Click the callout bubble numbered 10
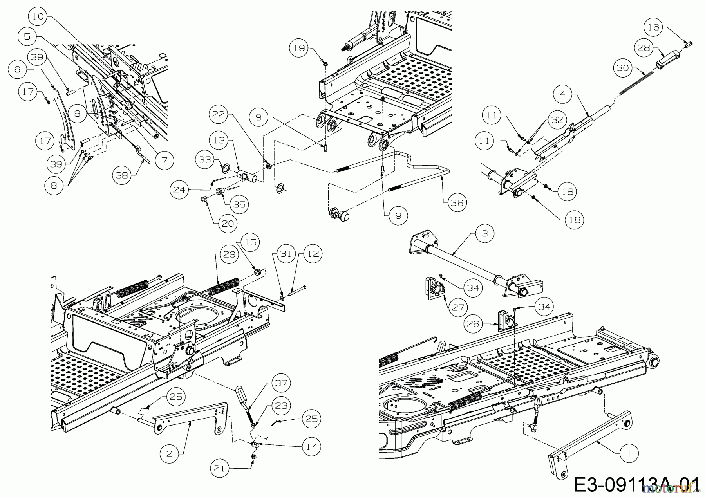pos(38,17)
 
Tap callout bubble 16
pos(654,27)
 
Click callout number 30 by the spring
pos(623,68)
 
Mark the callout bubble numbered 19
pos(298,48)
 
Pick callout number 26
pos(474,324)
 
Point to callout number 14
pos(312,446)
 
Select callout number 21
pos(219,468)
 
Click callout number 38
pos(122,175)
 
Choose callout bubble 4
pos(562,94)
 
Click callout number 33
pos(204,160)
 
